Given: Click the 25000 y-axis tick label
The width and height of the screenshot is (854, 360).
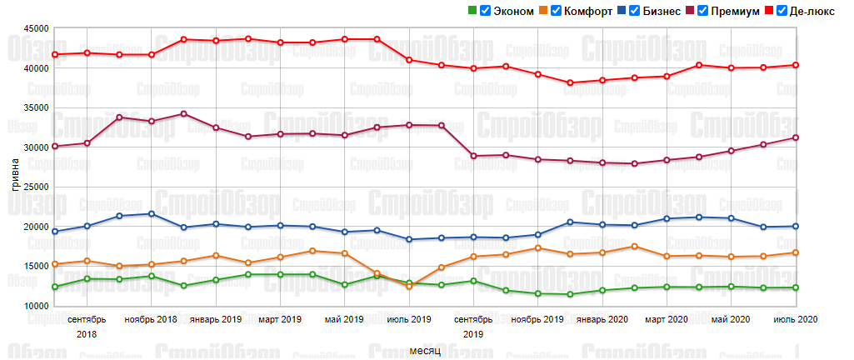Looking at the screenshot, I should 33,187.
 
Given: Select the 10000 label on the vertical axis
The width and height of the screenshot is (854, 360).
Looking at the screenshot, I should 33,307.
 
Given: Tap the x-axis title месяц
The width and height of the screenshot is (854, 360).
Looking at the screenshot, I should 424,350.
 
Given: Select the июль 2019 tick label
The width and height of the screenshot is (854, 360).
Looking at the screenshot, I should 409,319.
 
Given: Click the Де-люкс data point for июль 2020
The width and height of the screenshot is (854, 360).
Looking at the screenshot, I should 796,65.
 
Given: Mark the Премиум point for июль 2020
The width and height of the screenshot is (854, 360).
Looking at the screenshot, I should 796,137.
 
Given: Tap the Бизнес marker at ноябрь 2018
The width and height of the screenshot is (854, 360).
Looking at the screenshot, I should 151,213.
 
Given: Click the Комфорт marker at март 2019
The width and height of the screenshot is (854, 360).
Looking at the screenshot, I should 280,257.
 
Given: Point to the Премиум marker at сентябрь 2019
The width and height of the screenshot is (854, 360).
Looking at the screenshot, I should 473,156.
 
